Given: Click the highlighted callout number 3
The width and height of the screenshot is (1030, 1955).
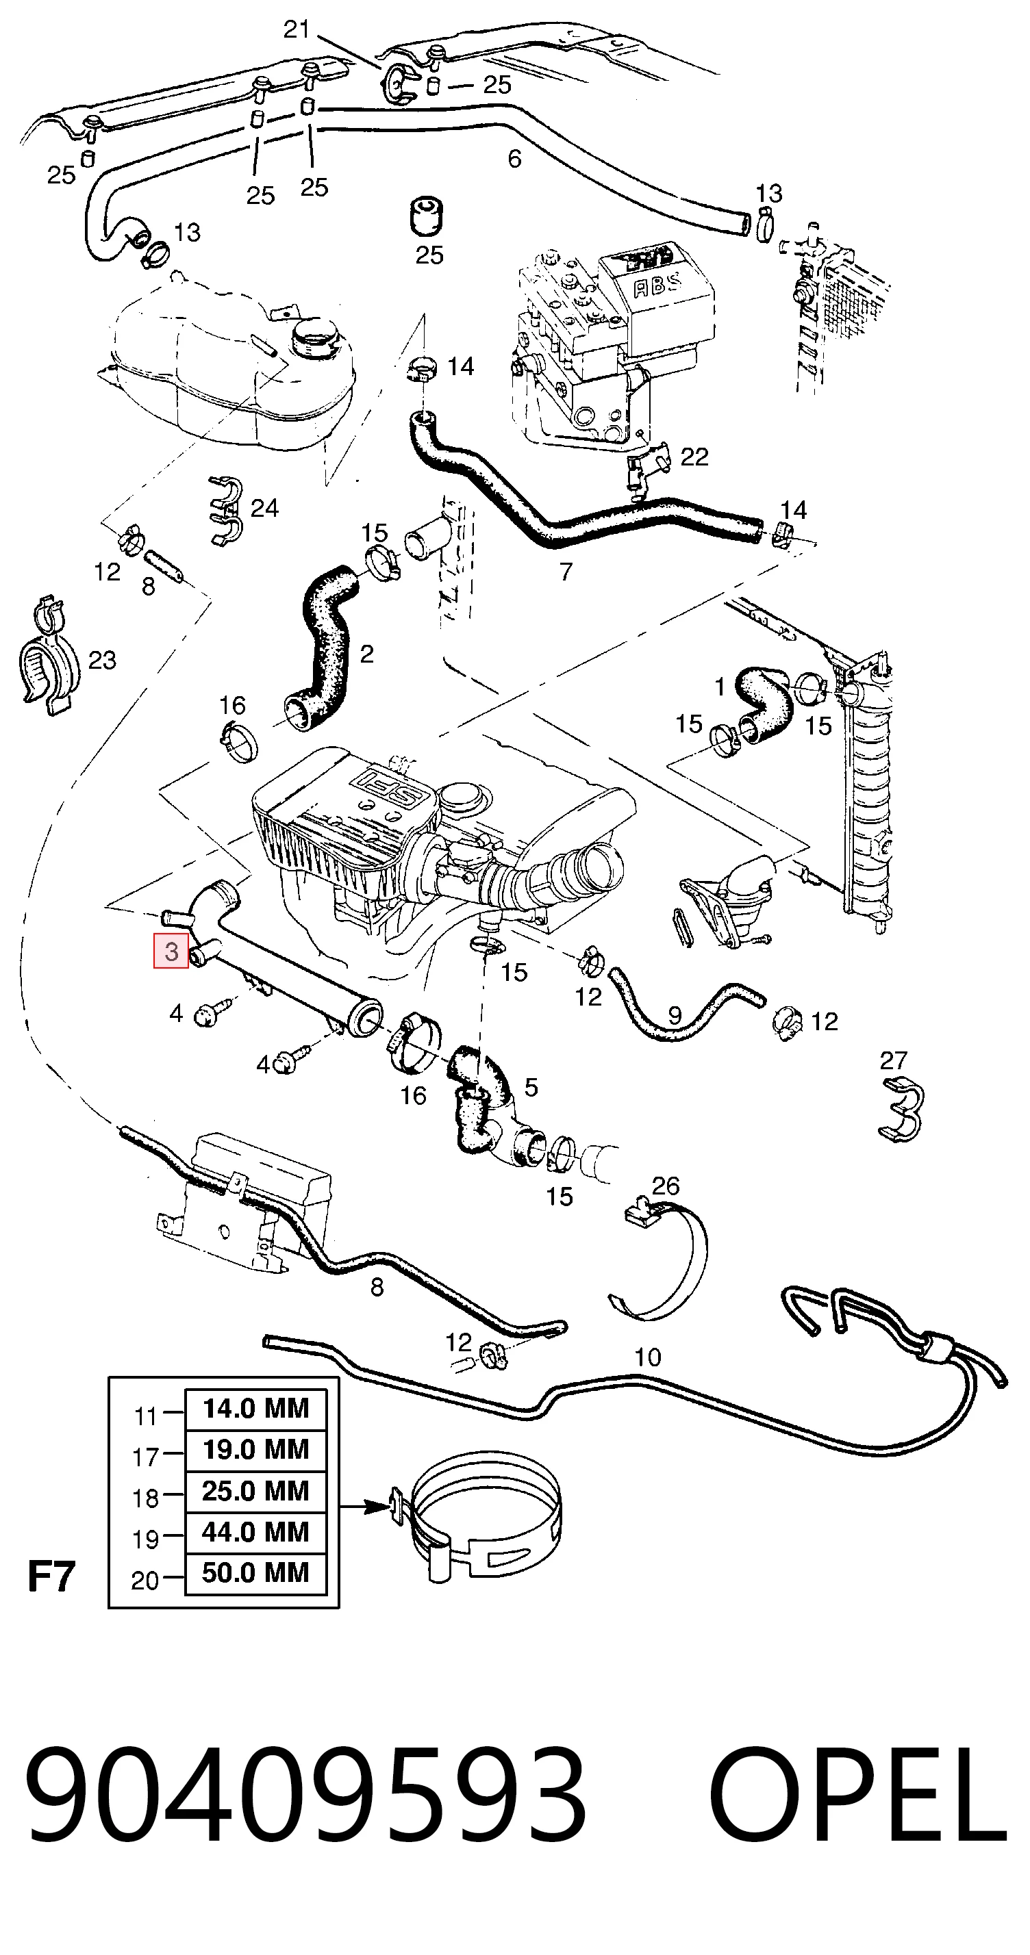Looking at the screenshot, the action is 171,951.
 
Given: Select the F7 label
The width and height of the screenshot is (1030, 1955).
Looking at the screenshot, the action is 51,1577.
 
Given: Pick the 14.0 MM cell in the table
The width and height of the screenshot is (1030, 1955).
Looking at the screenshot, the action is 256,1409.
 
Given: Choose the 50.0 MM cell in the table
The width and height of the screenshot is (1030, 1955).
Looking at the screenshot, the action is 256,1572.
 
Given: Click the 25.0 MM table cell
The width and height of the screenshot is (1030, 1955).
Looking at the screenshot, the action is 256,1490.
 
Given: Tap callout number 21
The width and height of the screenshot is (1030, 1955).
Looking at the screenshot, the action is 297,29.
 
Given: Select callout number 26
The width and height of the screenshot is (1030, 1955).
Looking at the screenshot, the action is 666,1186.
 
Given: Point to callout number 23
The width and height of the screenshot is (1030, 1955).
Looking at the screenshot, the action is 103,661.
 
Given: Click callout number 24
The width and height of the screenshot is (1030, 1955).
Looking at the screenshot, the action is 264,508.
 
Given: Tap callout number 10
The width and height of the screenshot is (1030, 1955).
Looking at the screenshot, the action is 647,1357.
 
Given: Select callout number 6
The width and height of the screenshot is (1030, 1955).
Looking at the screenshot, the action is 514,159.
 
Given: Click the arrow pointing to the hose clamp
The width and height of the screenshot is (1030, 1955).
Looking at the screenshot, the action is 364,1506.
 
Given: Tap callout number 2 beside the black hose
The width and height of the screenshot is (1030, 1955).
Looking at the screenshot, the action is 366,654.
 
